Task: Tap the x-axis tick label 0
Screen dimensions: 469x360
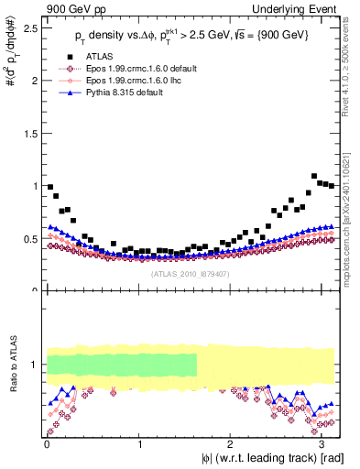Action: tap(47, 444)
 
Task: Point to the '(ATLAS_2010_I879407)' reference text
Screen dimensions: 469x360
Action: tap(190, 272)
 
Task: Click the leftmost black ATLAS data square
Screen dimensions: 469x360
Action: tap(49, 187)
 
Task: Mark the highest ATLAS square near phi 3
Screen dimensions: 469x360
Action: tap(314, 176)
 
